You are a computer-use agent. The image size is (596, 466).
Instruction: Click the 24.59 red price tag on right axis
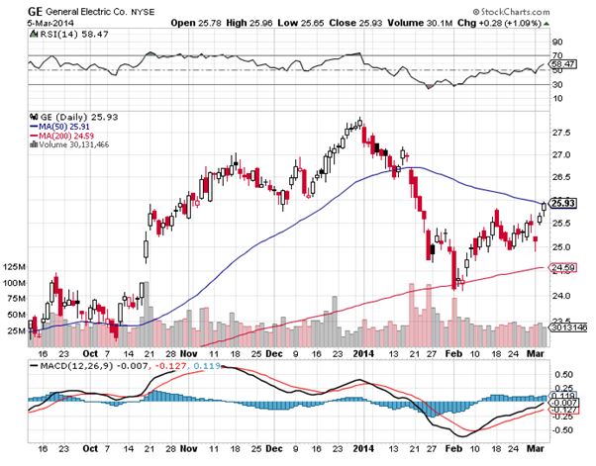pos(560,267)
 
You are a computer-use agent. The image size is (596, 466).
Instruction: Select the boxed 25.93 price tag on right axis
pos(560,203)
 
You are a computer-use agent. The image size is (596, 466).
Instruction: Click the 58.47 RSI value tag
pos(561,62)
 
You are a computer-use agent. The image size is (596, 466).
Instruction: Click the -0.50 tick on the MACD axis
pos(560,430)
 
